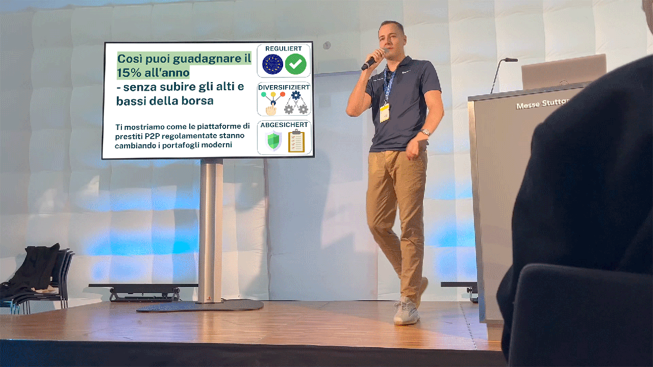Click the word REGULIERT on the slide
pos(283,48)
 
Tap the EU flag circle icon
pos(272,64)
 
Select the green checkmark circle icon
pos(295,64)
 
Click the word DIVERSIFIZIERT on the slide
pos(284,87)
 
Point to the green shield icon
pos(273,141)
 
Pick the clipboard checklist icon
pos(296,141)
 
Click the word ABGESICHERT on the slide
pos(284,125)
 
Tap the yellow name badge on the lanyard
pos(385,113)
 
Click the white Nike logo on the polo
pos(406,72)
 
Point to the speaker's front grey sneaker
pos(406,310)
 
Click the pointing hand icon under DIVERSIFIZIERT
pos(271,110)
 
